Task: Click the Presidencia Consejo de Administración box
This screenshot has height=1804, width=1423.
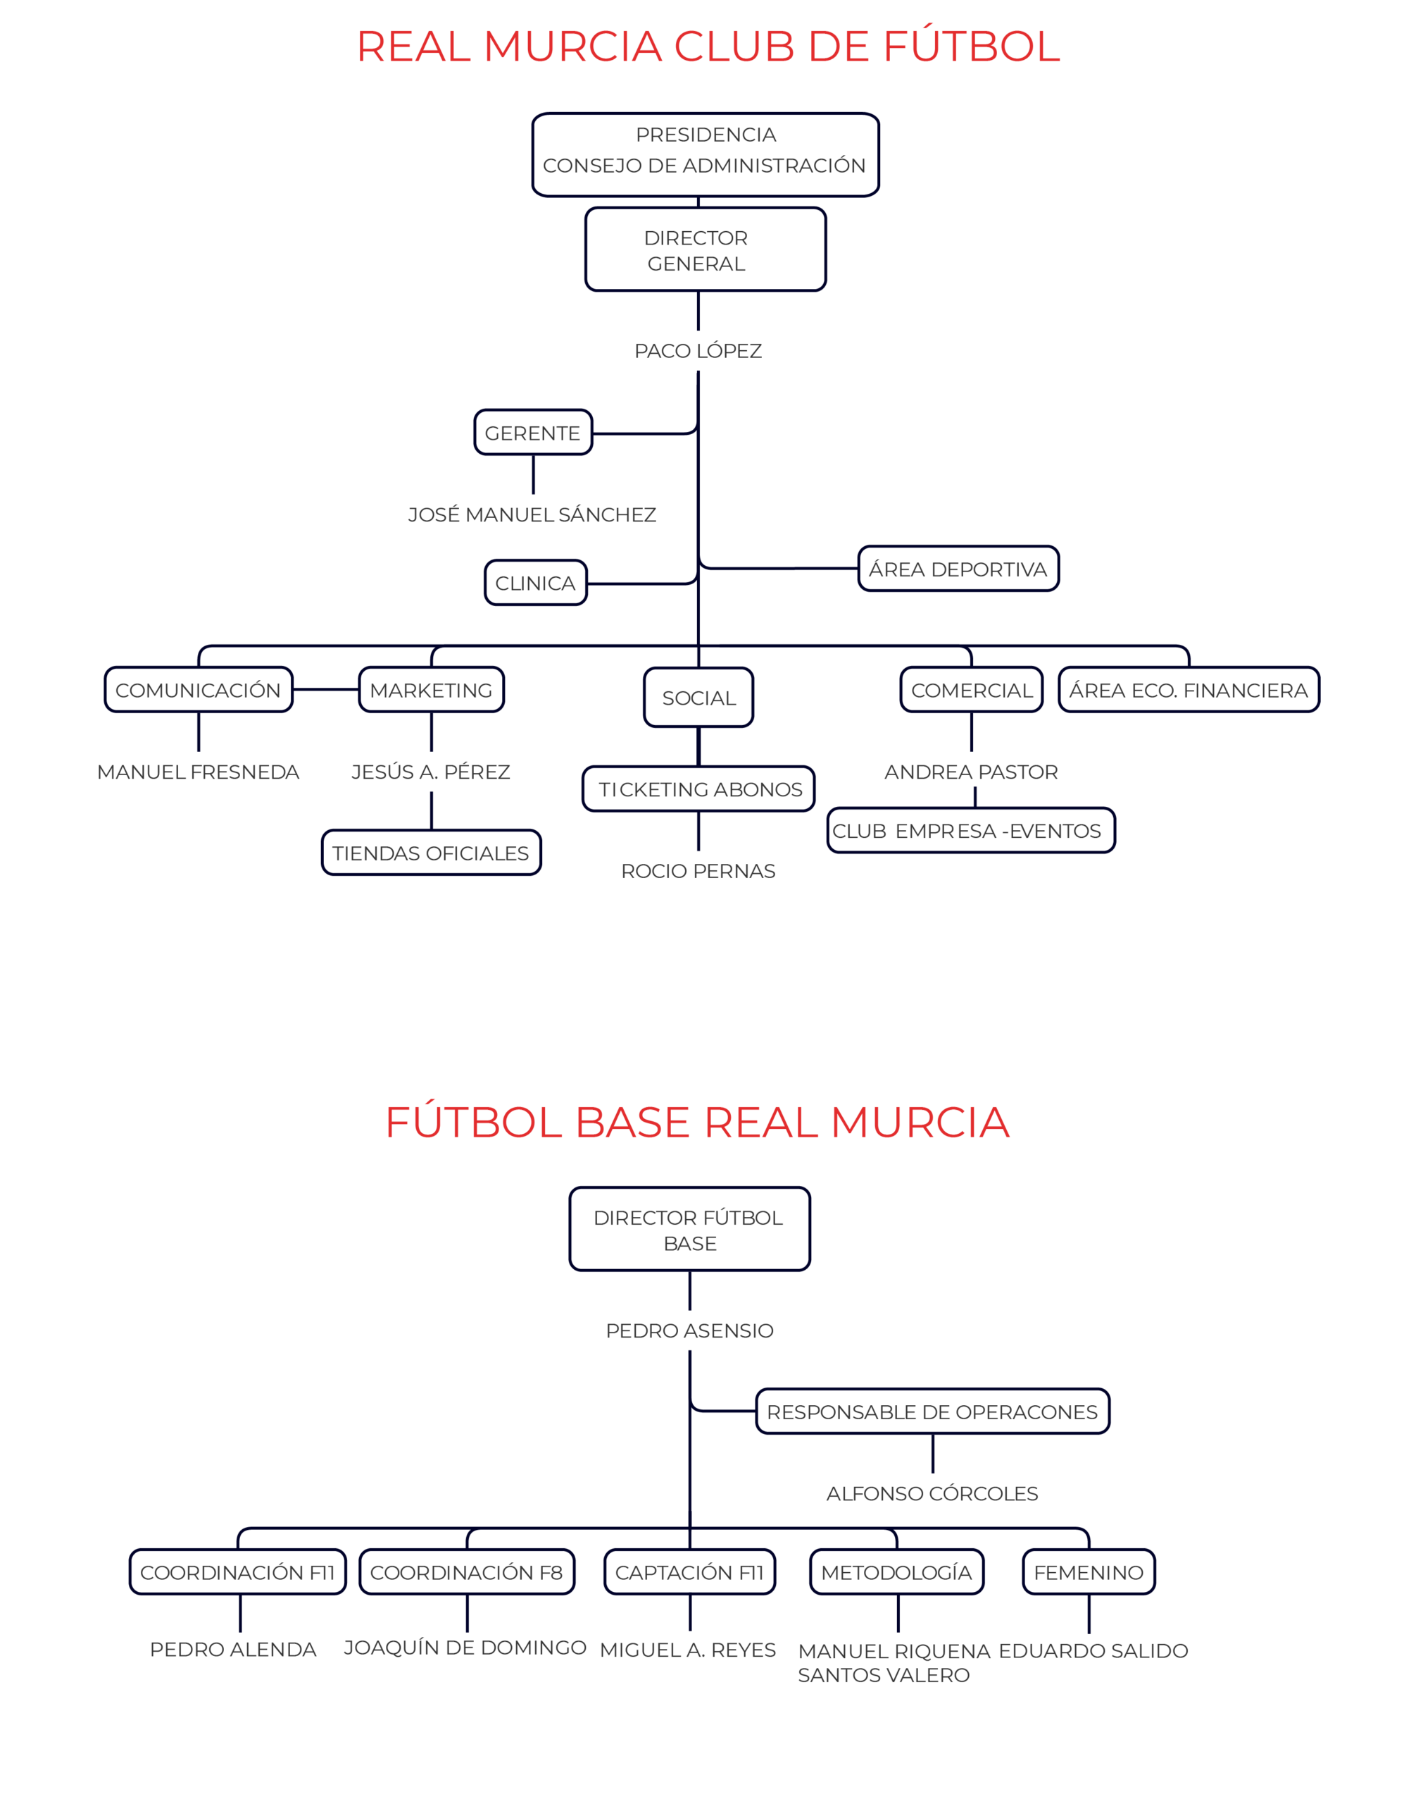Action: click(x=706, y=154)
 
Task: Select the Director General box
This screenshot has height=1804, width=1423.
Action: click(x=705, y=249)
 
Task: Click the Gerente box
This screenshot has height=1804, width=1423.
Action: click(x=532, y=433)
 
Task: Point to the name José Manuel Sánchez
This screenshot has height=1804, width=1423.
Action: click(x=532, y=515)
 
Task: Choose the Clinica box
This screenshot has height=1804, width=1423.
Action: click(x=535, y=583)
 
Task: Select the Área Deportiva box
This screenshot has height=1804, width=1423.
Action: click(x=958, y=569)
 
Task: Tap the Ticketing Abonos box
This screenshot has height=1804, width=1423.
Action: click(x=699, y=789)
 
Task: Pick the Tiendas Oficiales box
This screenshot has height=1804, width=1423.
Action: click(x=431, y=853)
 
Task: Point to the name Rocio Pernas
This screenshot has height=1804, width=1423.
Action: click(x=698, y=871)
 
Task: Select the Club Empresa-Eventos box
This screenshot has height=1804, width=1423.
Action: click(x=970, y=831)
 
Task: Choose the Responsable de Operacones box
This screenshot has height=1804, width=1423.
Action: click(x=932, y=1411)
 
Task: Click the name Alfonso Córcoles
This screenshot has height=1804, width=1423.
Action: click(x=932, y=1493)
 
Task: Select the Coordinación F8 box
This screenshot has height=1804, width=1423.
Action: click(x=467, y=1572)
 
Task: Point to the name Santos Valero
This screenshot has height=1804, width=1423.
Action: click(x=884, y=1676)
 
